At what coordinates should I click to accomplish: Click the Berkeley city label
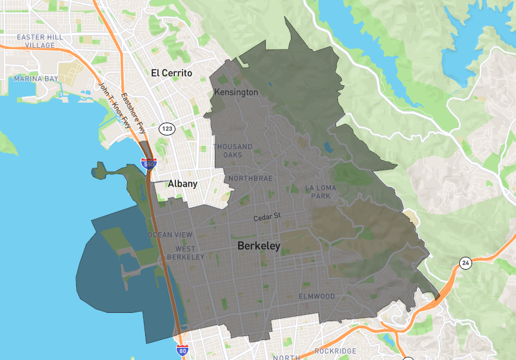pos(259,246)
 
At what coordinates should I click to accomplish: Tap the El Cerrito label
pos(172,73)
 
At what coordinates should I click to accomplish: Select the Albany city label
pos(182,184)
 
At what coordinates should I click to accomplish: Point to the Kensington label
pos(235,92)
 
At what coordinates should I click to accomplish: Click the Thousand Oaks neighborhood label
pos(233,151)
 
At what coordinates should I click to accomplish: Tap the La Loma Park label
pos(321,192)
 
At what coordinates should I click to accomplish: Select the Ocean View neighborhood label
pos(170,235)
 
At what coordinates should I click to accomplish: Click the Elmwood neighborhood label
pos(317,296)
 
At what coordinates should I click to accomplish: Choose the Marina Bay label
pos(35,79)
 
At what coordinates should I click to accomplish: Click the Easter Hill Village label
pos(40,41)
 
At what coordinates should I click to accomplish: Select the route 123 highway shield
pos(167,129)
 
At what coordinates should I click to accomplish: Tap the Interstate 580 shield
pos(148,164)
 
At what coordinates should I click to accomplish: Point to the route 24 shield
pos(465,263)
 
